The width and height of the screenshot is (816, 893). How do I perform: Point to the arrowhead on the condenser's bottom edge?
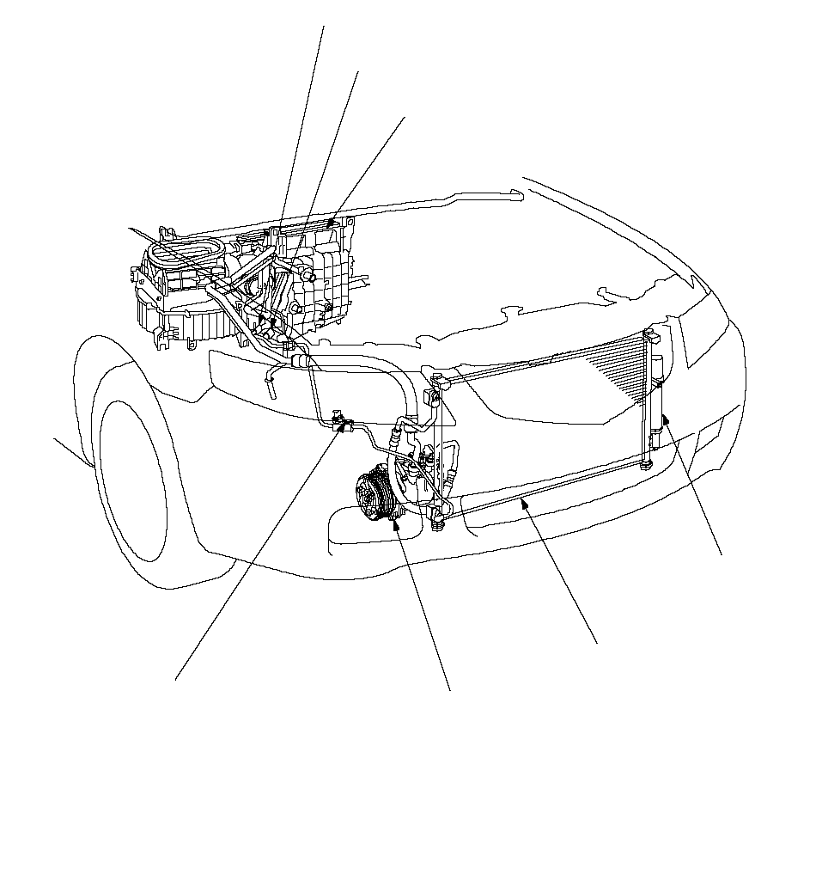click(x=521, y=505)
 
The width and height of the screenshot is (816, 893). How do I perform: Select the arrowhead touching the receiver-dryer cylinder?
click(x=664, y=419)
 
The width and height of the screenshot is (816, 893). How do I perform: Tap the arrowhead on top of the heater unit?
click(x=329, y=225)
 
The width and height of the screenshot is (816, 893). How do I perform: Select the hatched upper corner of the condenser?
click(x=618, y=361)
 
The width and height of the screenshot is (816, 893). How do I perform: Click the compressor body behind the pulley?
click(x=412, y=481)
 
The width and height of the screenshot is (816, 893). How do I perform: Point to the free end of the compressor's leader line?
click(x=450, y=688)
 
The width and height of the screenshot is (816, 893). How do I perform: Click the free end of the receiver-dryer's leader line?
click(x=722, y=554)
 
